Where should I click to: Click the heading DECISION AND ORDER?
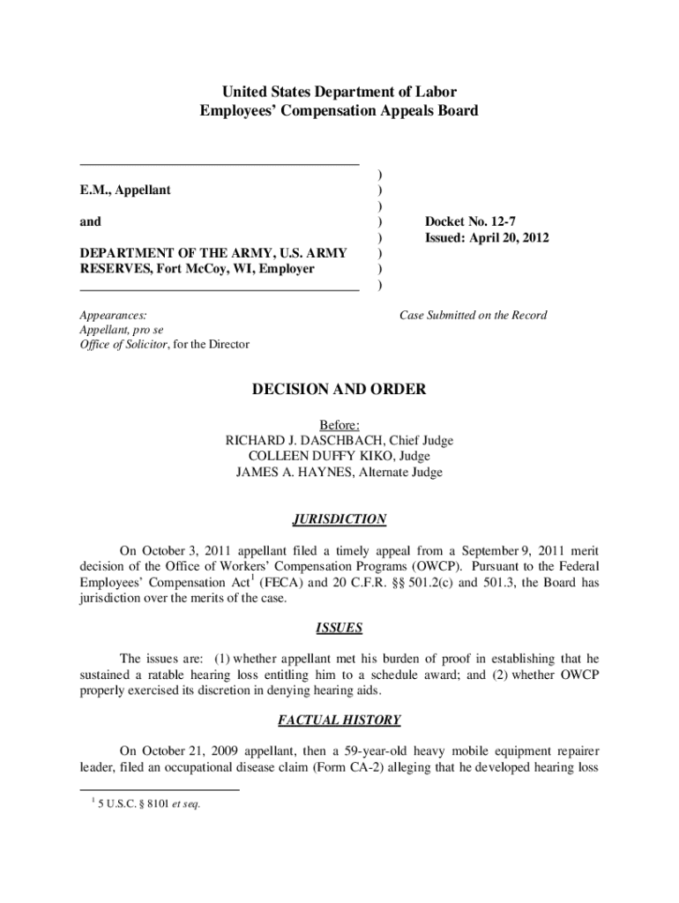tap(339, 389)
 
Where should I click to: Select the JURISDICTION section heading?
tap(339, 519)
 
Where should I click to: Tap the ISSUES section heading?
tap(339, 629)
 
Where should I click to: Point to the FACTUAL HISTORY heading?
tap(339, 720)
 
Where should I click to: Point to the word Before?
tap(339, 424)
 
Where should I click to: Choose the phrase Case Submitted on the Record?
tap(473, 315)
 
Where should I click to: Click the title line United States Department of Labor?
tap(339, 92)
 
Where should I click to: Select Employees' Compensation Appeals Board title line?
tap(339, 111)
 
